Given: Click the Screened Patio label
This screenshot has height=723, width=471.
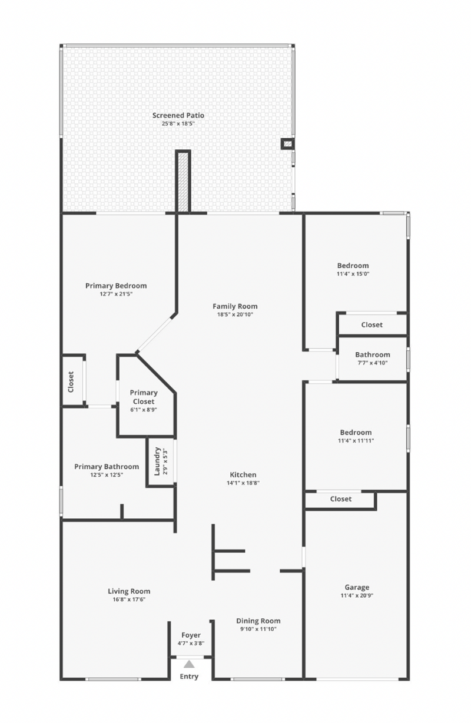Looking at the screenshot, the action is [x=178, y=115].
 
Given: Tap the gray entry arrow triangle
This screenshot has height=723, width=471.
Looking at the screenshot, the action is [x=189, y=664].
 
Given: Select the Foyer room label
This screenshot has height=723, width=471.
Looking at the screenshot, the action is [x=191, y=635].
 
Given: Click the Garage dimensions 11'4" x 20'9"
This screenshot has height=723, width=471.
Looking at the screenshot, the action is [x=357, y=595].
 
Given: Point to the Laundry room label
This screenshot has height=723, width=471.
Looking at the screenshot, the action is [x=157, y=461].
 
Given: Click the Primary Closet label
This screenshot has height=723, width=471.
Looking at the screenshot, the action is [x=144, y=397].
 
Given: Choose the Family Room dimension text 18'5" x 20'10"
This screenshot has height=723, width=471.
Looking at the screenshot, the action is [x=235, y=314].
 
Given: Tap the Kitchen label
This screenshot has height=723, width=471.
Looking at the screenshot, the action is [x=243, y=474].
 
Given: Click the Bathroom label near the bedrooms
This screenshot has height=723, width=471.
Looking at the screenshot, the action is [x=373, y=354].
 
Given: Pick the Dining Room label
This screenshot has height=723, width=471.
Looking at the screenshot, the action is [x=258, y=621].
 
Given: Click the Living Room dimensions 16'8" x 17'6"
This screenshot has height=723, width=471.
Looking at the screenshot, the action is [x=129, y=599].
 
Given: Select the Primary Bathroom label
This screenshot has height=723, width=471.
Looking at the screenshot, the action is [x=107, y=466].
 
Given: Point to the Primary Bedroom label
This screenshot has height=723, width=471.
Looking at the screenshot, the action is [x=116, y=286].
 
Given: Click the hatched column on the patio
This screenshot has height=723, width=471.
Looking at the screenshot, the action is [x=183, y=182].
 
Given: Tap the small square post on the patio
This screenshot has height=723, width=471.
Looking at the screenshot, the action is [x=287, y=143].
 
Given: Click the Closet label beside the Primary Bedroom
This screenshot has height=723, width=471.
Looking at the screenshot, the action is [x=71, y=382].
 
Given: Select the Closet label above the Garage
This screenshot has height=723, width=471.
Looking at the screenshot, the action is [x=341, y=498].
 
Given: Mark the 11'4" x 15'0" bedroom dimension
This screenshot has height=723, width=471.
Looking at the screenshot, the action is [x=353, y=274].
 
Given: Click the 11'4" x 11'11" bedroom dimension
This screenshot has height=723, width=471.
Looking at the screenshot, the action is [x=356, y=440].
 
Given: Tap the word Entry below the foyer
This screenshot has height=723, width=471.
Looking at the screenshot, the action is [x=189, y=676].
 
